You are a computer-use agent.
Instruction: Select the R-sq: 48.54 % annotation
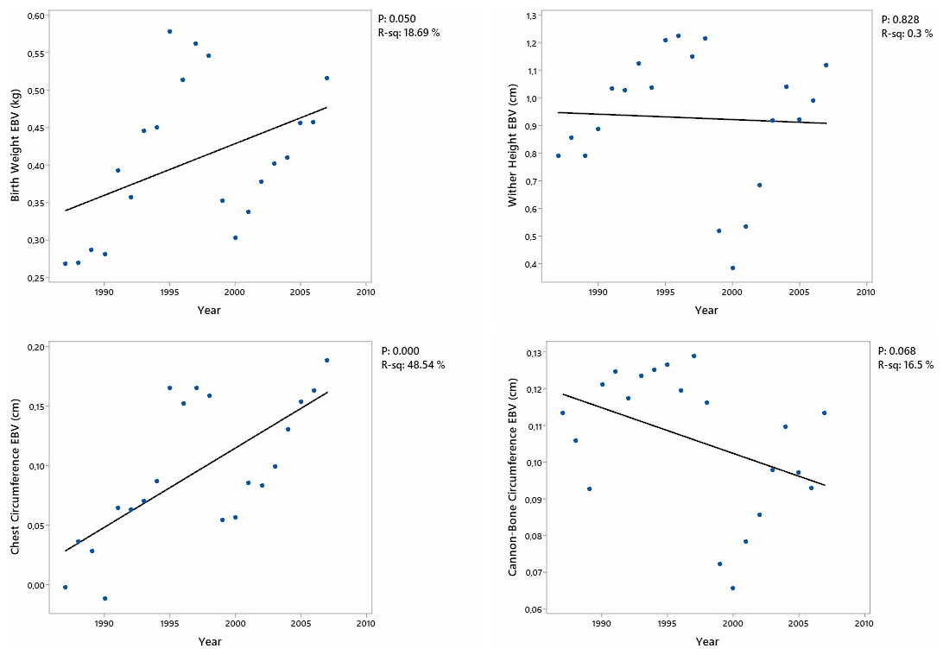(x=413, y=365)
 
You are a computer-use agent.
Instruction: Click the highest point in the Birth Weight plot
(x=169, y=31)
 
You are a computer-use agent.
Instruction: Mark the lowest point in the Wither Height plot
(x=732, y=268)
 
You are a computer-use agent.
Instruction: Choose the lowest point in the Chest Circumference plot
(x=104, y=598)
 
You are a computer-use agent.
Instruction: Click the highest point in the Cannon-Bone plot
(x=693, y=356)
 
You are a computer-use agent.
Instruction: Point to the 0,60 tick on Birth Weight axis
(x=34, y=16)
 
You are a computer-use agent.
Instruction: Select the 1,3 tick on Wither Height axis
(x=531, y=16)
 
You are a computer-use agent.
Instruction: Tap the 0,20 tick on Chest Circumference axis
(x=34, y=347)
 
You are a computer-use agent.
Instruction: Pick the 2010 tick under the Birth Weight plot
(x=365, y=292)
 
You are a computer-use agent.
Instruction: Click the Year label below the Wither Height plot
(x=706, y=310)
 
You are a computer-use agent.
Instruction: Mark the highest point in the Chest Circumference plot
(x=326, y=360)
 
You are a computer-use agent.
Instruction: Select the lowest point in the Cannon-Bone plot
(x=732, y=588)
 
